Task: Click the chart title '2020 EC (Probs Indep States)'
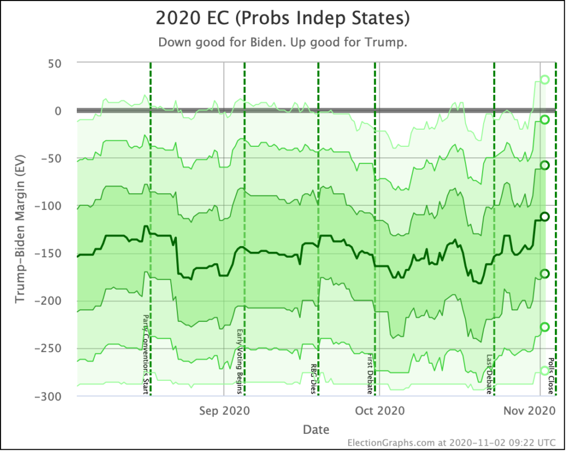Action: (282, 18)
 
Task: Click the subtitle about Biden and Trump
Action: (282, 43)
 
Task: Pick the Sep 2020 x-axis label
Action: (224, 411)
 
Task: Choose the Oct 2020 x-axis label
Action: (380, 411)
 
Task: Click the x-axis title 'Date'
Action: (316, 429)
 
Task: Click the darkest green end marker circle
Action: (544, 217)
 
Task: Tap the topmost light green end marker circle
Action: (545, 79)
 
